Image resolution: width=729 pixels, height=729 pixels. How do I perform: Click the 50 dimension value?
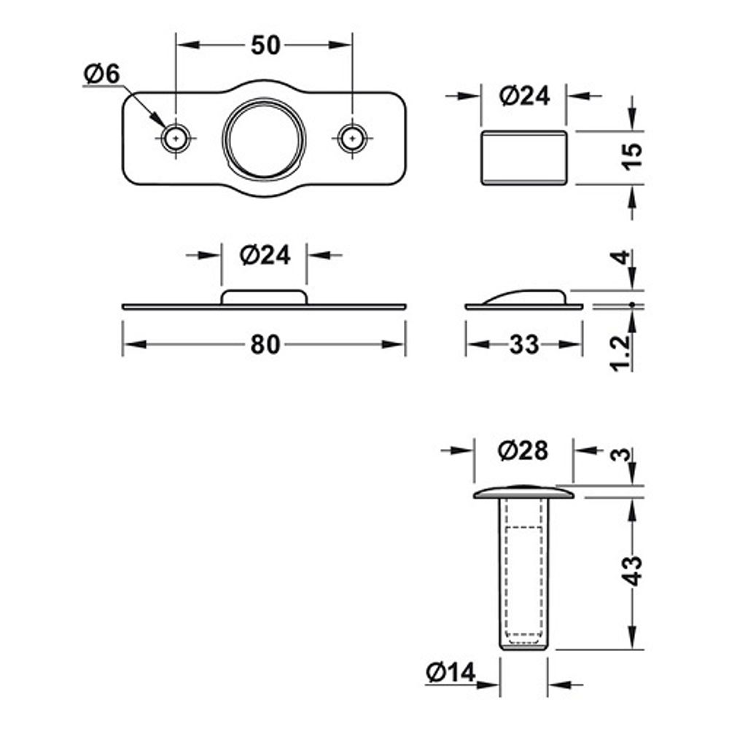pos(265,45)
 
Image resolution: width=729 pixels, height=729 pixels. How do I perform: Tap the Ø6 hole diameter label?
pos(102,74)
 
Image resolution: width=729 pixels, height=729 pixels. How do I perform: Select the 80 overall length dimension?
pos(265,345)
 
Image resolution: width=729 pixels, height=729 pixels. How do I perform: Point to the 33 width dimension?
pos(524,345)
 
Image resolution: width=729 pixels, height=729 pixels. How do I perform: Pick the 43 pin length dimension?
pos(632,571)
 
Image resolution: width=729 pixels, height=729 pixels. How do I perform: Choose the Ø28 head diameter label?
pos(523,451)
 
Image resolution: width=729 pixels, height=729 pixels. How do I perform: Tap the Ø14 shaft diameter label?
pos(451,672)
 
